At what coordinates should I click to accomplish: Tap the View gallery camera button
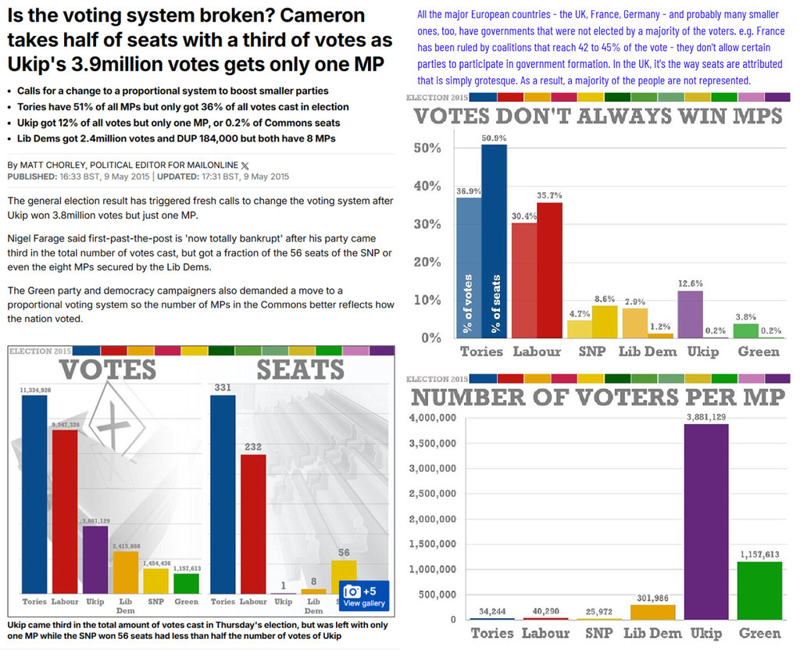point(363,595)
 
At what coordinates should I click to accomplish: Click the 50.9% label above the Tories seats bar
point(494,138)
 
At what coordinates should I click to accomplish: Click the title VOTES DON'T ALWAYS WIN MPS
point(598,116)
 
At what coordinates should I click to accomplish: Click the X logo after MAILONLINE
point(246,165)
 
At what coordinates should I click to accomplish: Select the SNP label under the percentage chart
point(591,352)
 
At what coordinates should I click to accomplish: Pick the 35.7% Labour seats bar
point(549,270)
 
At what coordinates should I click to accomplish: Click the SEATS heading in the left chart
point(300,370)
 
